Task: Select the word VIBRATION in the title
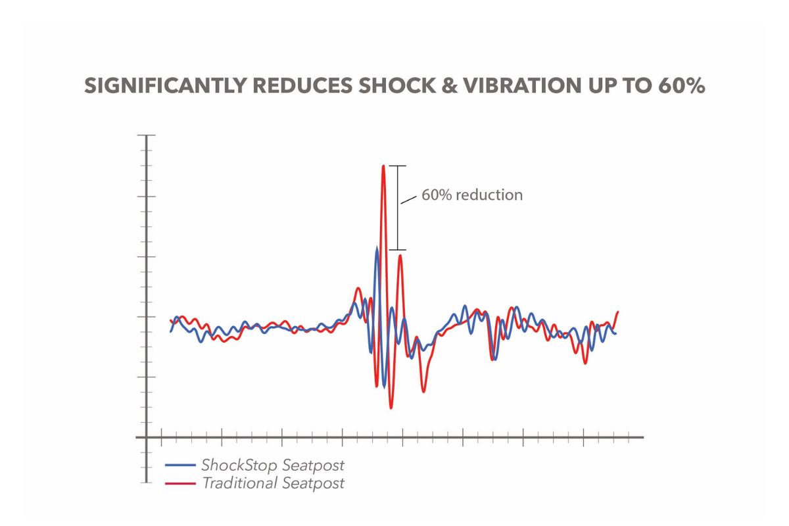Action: click(x=527, y=87)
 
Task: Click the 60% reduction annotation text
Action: click(x=472, y=195)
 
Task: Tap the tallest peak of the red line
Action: click(x=383, y=166)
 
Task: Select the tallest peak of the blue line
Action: click(x=377, y=249)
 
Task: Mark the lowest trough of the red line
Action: click(x=391, y=408)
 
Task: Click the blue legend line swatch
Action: click(x=180, y=466)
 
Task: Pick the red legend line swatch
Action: click(x=180, y=484)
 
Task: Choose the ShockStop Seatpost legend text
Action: click(x=273, y=466)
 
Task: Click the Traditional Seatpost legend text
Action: click(x=273, y=484)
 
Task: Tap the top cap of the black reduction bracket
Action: click(x=397, y=166)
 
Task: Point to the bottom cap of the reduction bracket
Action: click(x=397, y=250)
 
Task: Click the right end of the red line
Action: click(x=618, y=312)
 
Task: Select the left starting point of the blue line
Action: click(x=171, y=331)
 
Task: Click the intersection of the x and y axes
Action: click(x=146, y=437)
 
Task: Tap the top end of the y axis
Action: click(x=146, y=135)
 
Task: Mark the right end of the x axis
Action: click(x=642, y=437)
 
